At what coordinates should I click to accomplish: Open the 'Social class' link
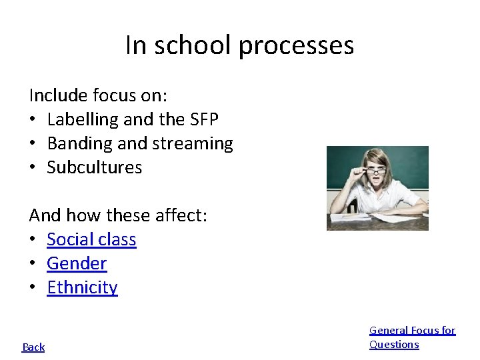coord(91,239)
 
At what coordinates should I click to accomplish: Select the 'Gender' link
coord(77,263)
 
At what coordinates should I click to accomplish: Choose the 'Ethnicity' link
coord(82,287)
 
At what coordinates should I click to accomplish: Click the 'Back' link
coord(33,347)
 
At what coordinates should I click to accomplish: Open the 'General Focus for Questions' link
coord(412,337)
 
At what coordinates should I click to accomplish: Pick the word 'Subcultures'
coord(95,167)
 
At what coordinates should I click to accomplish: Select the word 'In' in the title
coord(134,45)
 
